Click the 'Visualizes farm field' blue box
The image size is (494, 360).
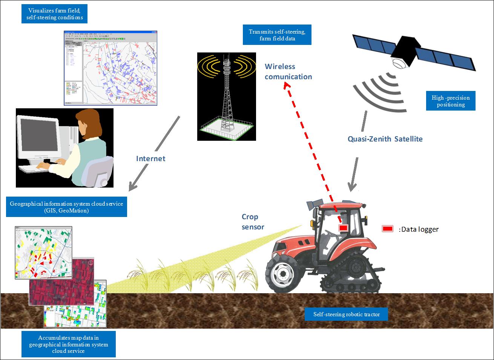point(54,14)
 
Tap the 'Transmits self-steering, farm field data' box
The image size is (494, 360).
point(277,35)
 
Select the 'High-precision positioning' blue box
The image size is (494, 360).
point(451,101)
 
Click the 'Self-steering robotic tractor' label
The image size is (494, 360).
point(346,314)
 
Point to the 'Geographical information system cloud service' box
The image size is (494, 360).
point(66,207)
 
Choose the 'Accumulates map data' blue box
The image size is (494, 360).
point(68,344)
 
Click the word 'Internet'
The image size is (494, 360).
point(150,158)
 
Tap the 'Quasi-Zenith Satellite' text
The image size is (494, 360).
point(385,139)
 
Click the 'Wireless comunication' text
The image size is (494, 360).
point(288,72)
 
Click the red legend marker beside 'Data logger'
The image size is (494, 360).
point(388,229)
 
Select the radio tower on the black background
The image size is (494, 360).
point(226,96)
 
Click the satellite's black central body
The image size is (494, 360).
point(407,49)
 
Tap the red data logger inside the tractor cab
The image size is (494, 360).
point(343,228)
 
